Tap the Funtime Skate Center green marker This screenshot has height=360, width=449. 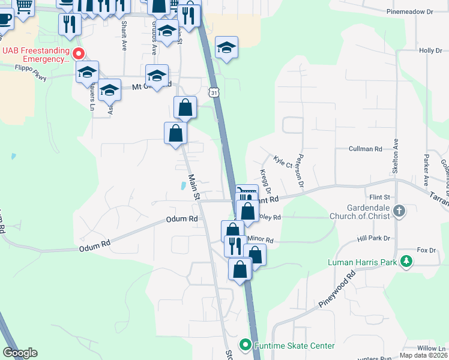pyautogui.click(x=245, y=345)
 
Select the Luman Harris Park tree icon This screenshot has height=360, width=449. pyautogui.click(x=407, y=262)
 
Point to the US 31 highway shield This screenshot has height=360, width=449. pyautogui.click(x=214, y=92)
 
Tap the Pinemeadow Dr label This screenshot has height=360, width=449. pyautogui.click(x=410, y=11)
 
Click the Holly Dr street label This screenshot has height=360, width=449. pyautogui.click(x=430, y=50)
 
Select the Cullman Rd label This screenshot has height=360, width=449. pyautogui.click(x=366, y=148)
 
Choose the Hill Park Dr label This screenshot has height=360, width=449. pyautogui.click(x=374, y=238)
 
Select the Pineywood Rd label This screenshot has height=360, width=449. pyautogui.click(x=337, y=290)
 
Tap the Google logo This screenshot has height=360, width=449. pyautogui.click(x=20, y=353)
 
